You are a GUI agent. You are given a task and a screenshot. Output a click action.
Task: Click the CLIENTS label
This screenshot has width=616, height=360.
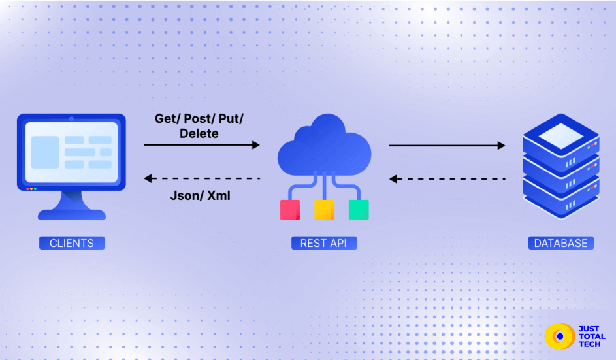point(71,243)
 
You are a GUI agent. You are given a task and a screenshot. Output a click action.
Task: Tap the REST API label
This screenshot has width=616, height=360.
point(323,243)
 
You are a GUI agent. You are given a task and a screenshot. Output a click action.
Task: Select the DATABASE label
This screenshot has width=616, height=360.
point(560,243)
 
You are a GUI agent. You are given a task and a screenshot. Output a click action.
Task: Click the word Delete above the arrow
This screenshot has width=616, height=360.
point(199,133)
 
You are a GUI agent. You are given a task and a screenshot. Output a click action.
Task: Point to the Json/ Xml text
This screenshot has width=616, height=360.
point(200,195)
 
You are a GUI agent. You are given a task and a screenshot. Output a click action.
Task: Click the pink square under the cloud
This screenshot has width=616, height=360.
point(290,210)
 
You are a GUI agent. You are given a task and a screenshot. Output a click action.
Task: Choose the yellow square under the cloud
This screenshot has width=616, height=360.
point(324,210)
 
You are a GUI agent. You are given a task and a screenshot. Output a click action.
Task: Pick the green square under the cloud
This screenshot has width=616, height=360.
point(359,210)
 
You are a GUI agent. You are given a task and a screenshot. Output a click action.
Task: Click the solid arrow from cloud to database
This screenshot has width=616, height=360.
point(447,145)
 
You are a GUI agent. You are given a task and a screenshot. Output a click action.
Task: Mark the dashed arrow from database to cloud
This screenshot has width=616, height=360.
point(447,178)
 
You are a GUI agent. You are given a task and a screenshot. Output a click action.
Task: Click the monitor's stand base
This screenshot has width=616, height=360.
point(71,214)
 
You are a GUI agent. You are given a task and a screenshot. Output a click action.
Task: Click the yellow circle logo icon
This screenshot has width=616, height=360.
point(559,336)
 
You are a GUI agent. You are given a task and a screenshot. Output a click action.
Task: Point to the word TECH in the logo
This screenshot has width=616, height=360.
point(591,344)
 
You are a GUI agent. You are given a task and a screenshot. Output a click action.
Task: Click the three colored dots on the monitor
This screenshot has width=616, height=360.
point(31,189)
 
